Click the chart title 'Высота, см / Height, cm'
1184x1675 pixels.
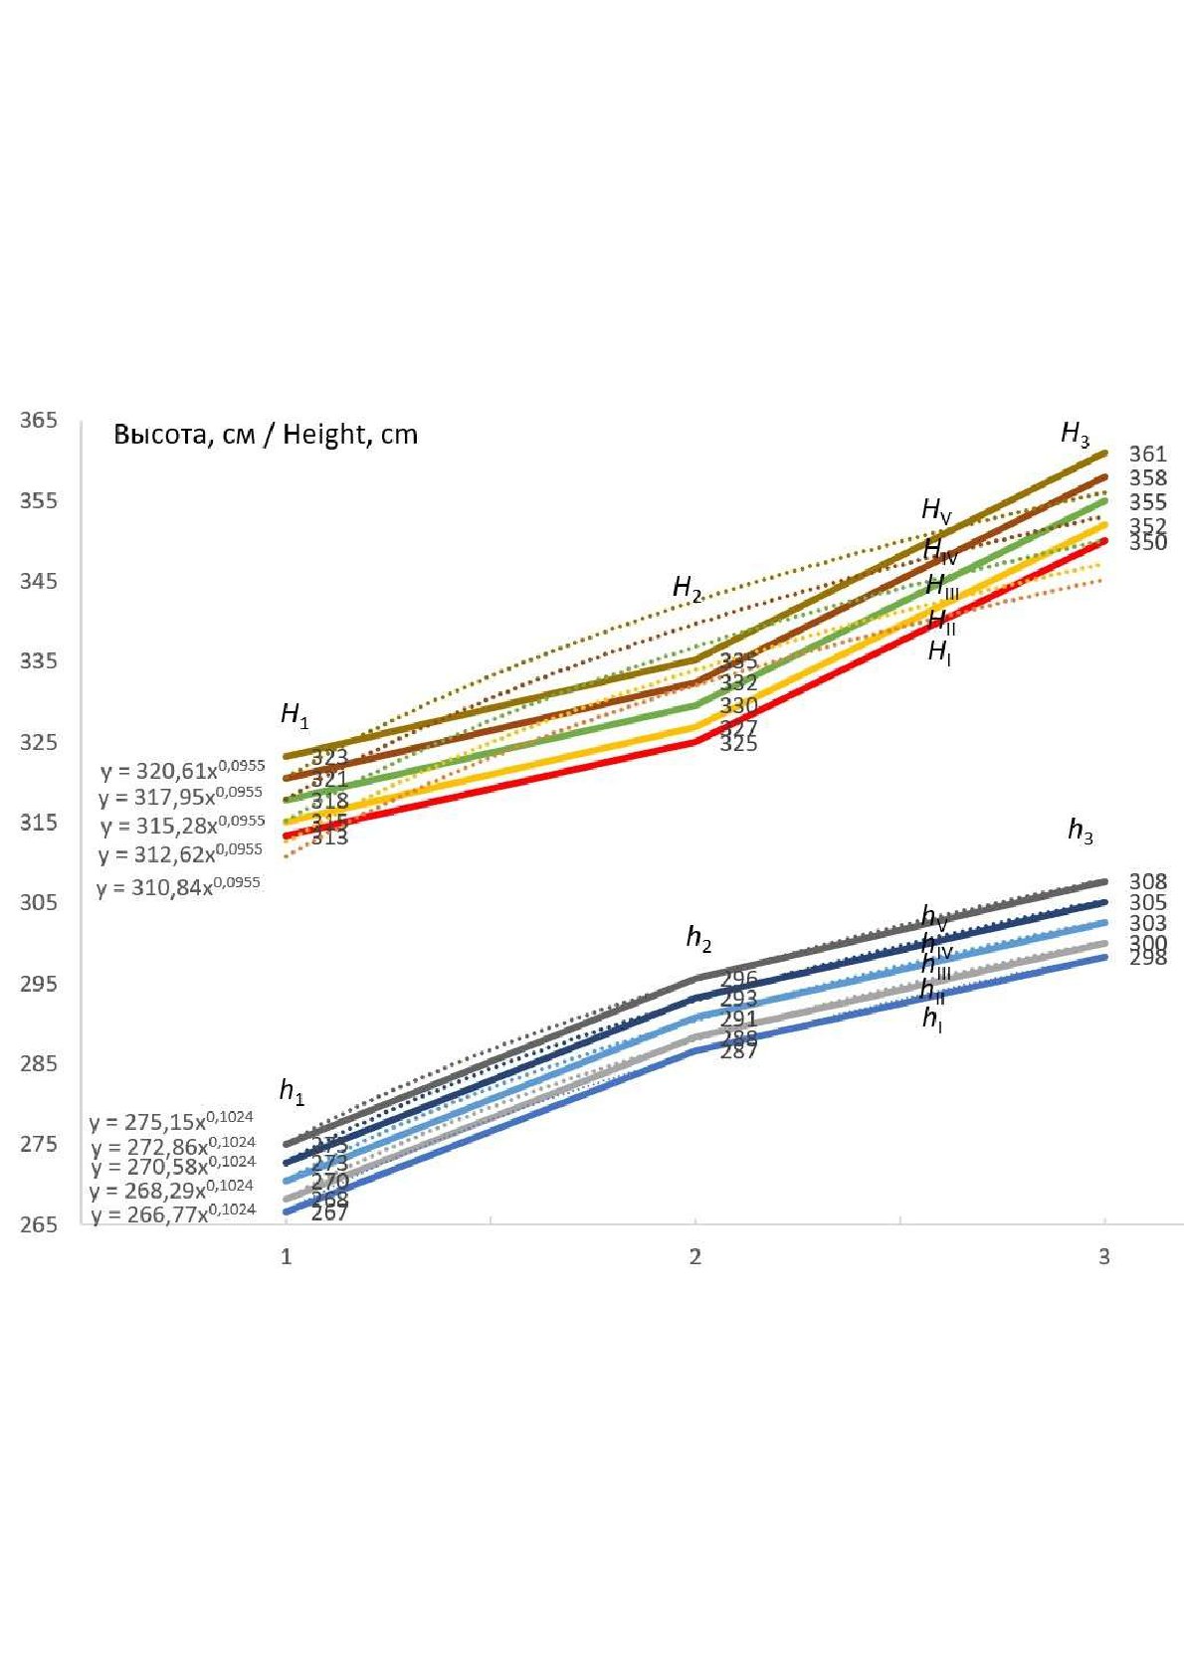[266, 435]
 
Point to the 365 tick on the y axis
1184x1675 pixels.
[39, 420]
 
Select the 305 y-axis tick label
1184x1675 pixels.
[39, 902]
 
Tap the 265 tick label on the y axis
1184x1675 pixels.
[39, 1224]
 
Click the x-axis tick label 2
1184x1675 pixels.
[694, 1257]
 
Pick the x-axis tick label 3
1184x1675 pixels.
[1103, 1257]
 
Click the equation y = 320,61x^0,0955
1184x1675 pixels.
[183, 770]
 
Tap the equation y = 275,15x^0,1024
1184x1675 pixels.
[172, 1121]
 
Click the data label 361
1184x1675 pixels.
[1147, 454]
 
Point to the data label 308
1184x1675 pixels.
[1147, 881]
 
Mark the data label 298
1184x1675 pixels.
[1147, 958]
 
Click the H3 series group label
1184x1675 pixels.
[1075, 434]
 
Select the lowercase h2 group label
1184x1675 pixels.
[698, 937]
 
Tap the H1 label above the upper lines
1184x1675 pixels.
[295, 714]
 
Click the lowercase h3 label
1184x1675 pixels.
[1080, 830]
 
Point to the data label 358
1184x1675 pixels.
[1147, 478]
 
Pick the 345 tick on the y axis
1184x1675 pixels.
[39, 581]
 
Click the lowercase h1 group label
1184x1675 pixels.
[291, 1091]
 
